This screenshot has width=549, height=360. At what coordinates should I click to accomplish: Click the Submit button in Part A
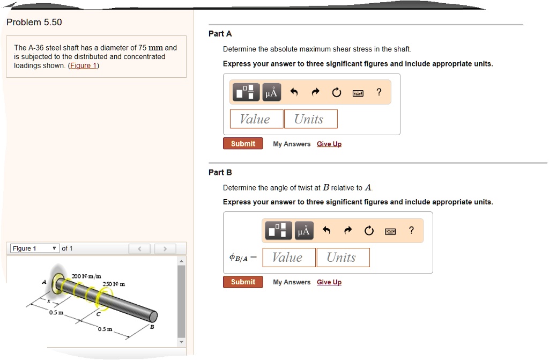point(243,144)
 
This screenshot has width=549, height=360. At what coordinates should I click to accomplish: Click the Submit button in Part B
point(243,282)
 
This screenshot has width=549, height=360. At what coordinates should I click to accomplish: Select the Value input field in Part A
point(256,119)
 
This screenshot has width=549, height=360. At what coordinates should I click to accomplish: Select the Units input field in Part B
point(343,258)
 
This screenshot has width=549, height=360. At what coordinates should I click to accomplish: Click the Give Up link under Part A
point(329,144)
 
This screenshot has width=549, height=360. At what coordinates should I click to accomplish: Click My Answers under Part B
point(291,282)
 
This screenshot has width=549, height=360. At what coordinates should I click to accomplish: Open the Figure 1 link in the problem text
point(83,65)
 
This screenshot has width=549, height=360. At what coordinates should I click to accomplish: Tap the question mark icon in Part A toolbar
point(379,92)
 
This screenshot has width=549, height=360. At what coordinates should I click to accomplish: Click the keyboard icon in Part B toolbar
point(390,231)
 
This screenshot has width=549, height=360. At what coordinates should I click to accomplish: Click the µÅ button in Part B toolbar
point(304,231)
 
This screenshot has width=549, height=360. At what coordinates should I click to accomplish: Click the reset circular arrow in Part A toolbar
point(336,93)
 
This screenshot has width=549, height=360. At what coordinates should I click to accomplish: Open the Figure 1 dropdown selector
point(34,248)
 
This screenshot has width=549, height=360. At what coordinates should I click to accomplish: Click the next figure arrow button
point(165,248)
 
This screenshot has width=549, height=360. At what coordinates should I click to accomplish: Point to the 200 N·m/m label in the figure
point(86,276)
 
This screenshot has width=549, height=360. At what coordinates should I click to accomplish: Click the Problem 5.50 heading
point(34,22)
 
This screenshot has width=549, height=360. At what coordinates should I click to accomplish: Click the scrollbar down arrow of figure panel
point(181,342)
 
